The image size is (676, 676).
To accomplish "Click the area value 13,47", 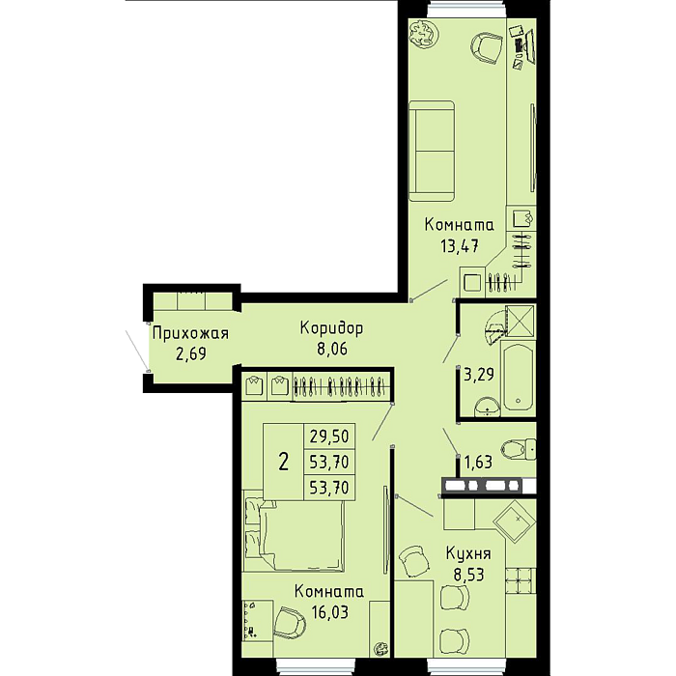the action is pyautogui.click(x=459, y=246).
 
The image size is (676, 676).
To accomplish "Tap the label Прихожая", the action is pyautogui.click(x=190, y=333).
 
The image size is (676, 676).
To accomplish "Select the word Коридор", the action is pyautogui.click(x=331, y=328).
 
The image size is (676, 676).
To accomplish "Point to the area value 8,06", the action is pyautogui.click(x=332, y=349).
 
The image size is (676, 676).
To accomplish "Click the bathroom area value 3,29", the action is pyautogui.click(x=479, y=375).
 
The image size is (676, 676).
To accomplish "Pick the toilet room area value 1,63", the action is pyautogui.click(x=478, y=463).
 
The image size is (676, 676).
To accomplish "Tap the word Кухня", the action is pyautogui.click(x=468, y=553).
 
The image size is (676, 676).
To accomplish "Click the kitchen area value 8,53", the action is pyautogui.click(x=468, y=575).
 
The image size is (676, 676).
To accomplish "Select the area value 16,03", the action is pyautogui.click(x=329, y=611).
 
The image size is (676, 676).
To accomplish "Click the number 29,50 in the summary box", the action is pyautogui.click(x=329, y=437).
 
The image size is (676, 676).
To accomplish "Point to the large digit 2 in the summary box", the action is pyautogui.click(x=283, y=462).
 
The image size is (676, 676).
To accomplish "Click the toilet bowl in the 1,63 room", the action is pyautogui.click(x=520, y=449).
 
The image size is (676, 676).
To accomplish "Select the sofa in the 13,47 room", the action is pyautogui.click(x=432, y=151).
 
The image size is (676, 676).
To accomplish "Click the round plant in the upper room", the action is pyautogui.click(x=423, y=34).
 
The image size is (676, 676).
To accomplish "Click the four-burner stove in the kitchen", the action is pyautogui.click(x=521, y=580).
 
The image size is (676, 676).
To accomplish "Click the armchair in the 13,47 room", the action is pyautogui.click(x=487, y=48).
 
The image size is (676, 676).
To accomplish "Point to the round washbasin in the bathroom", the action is pyautogui.click(x=487, y=407).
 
